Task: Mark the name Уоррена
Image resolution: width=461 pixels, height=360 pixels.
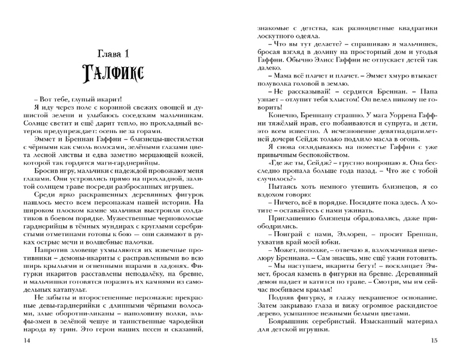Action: coord(400,120)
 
